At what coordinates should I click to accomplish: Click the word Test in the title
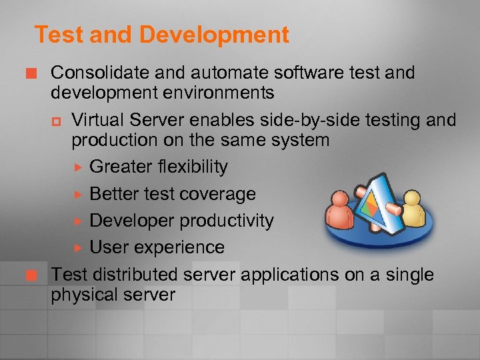tap(54, 35)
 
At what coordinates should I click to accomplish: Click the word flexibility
tap(189, 167)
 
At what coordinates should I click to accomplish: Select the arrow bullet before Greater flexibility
tap(77, 167)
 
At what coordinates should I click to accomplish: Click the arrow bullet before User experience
tap(77, 248)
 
